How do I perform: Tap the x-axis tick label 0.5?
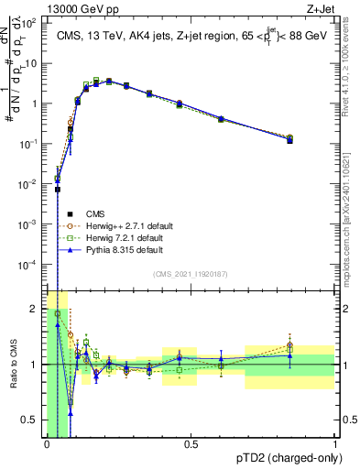191,444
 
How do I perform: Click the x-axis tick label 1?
335,444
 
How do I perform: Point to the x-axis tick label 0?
47,444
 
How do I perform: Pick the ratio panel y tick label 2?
36,308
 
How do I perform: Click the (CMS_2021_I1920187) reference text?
190,274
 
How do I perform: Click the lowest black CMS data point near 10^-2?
57,190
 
